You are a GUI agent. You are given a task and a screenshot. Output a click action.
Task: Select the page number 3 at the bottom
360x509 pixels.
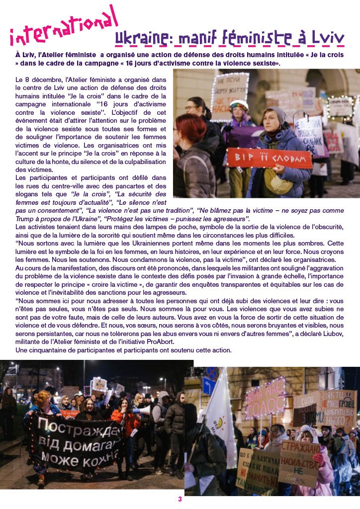click(x=180, y=499)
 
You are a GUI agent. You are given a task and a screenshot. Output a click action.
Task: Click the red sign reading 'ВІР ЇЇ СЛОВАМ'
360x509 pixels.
click(x=269, y=158)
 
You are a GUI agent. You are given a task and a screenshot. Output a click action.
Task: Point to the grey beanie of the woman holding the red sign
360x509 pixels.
click(x=276, y=115)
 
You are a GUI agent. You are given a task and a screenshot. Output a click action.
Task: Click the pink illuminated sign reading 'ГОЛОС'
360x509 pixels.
click(x=265, y=398)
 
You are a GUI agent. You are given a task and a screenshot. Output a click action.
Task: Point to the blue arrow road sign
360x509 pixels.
click(x=209, y=385)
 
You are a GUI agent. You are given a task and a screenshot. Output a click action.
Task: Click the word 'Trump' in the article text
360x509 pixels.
click(x=27, y=219)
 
